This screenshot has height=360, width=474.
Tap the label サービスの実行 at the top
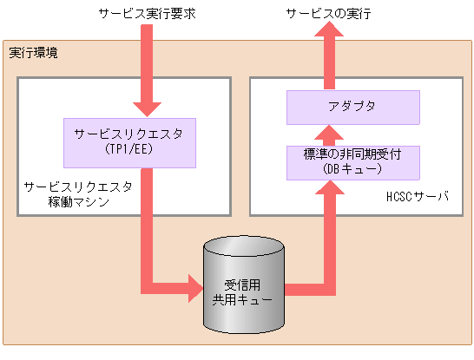click(329, 15)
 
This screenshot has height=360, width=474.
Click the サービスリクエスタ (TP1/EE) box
click(128, 142)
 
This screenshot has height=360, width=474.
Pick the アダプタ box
click(353, 108)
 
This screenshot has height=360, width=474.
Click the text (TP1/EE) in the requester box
click(128, 150)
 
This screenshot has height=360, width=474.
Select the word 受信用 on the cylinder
click(243, 283)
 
